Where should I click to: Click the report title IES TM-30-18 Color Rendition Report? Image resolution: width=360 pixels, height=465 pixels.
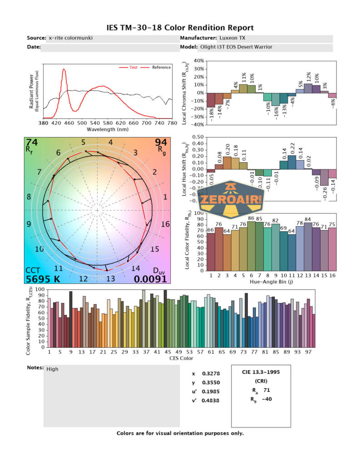click(x=180, y=28)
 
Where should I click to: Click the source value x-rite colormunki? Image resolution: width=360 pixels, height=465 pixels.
click(x=70, y=38)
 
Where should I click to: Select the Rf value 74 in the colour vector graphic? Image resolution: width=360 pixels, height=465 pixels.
click(x=32, y=143)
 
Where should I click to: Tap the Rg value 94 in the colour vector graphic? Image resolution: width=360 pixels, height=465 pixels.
click(x=161, y=143)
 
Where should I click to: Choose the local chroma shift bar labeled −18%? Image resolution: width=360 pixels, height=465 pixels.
click(x=211, y=100)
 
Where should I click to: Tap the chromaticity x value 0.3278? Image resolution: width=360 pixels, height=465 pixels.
click(x=209, y=373)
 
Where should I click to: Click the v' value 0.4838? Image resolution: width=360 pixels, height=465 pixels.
click(x=209, y=401)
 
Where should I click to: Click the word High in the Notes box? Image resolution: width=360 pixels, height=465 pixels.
click(x=53, y=369)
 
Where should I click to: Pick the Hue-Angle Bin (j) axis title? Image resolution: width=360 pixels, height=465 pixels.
click(x=271, y=282)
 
